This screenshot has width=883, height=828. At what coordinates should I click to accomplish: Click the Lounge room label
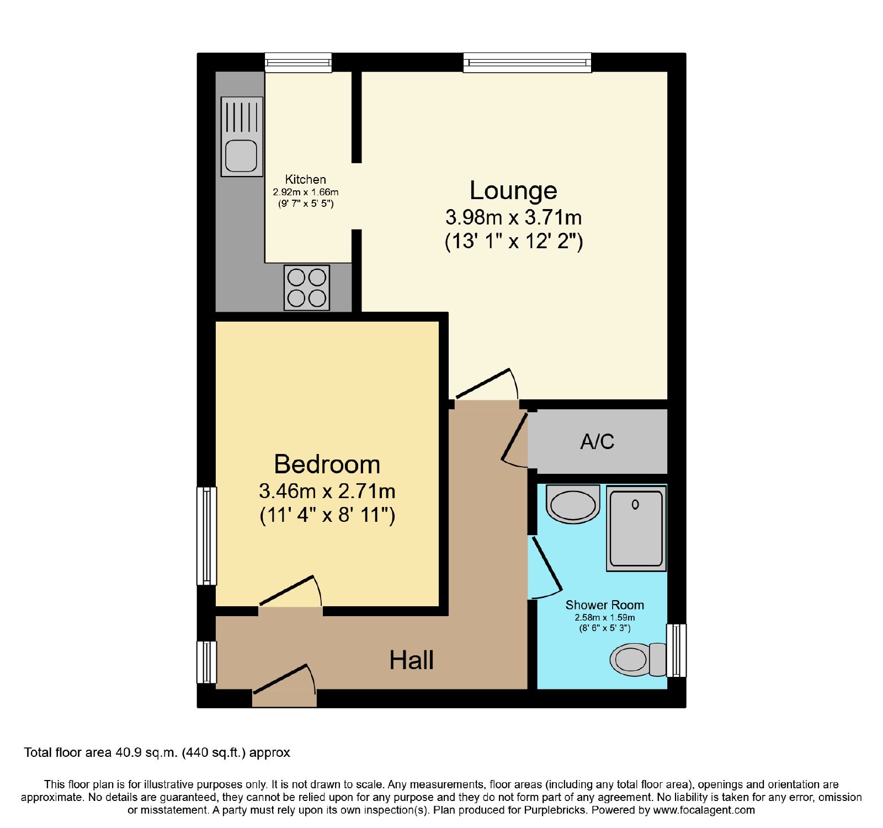[x=513, y=190]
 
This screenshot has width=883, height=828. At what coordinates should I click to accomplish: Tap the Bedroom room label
[x=327, y=464]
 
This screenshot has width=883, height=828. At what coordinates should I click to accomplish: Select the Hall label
[x=412, y=660]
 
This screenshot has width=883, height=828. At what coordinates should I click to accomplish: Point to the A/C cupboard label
[x=597, y=441]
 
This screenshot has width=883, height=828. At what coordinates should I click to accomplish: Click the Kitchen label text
[x=306, y=179]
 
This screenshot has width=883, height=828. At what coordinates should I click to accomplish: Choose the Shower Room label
[x=605, y=605]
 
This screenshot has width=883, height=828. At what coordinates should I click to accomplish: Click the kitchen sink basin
[x=241, y=156]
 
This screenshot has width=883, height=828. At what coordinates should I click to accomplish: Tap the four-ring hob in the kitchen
[x=307, y=287]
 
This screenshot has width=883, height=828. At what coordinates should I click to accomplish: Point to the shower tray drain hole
[x=635, y=504]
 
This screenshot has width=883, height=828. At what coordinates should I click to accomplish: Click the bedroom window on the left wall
[x=207, y=535]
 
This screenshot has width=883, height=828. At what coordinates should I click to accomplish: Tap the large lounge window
[x=527, y=62]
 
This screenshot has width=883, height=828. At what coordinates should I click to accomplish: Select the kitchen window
[x=298, y=62]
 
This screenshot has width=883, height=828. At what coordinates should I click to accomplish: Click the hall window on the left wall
[x=207, y=662]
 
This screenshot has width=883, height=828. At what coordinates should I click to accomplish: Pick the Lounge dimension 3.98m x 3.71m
[x=514, y=217]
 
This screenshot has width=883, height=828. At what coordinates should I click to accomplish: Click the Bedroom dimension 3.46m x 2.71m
[x=327, y=491]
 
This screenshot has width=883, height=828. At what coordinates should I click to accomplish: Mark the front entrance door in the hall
[x=284, y=686]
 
